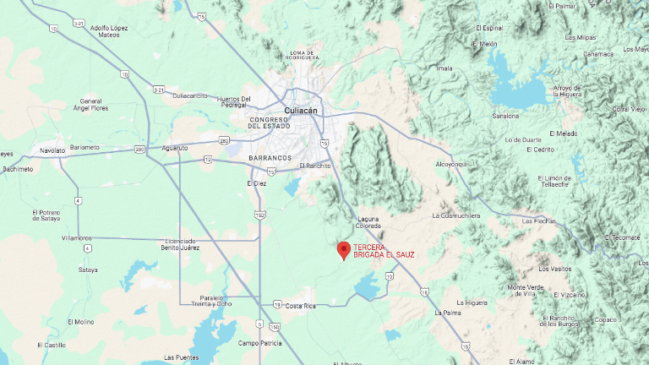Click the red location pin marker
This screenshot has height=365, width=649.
point(344,250)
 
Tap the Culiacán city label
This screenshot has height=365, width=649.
point(302,111)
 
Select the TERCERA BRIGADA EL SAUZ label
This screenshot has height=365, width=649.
point(384,251)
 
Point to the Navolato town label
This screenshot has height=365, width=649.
point(52,150)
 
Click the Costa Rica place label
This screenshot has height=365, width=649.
point(300,306)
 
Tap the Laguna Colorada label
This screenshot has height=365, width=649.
point(369,222)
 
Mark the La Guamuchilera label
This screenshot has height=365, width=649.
point(456,215)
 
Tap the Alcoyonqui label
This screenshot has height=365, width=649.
point(450,164)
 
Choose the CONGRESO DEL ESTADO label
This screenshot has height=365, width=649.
point(270,123)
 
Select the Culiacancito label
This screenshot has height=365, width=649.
point(190,95)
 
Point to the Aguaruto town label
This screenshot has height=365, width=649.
point(175,148)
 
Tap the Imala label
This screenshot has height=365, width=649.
point(445,68)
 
